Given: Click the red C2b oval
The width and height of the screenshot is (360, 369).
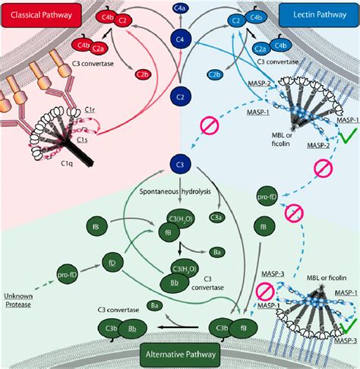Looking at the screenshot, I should point(143,74).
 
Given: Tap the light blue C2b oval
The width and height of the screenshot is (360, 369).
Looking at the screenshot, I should point(215,74).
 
